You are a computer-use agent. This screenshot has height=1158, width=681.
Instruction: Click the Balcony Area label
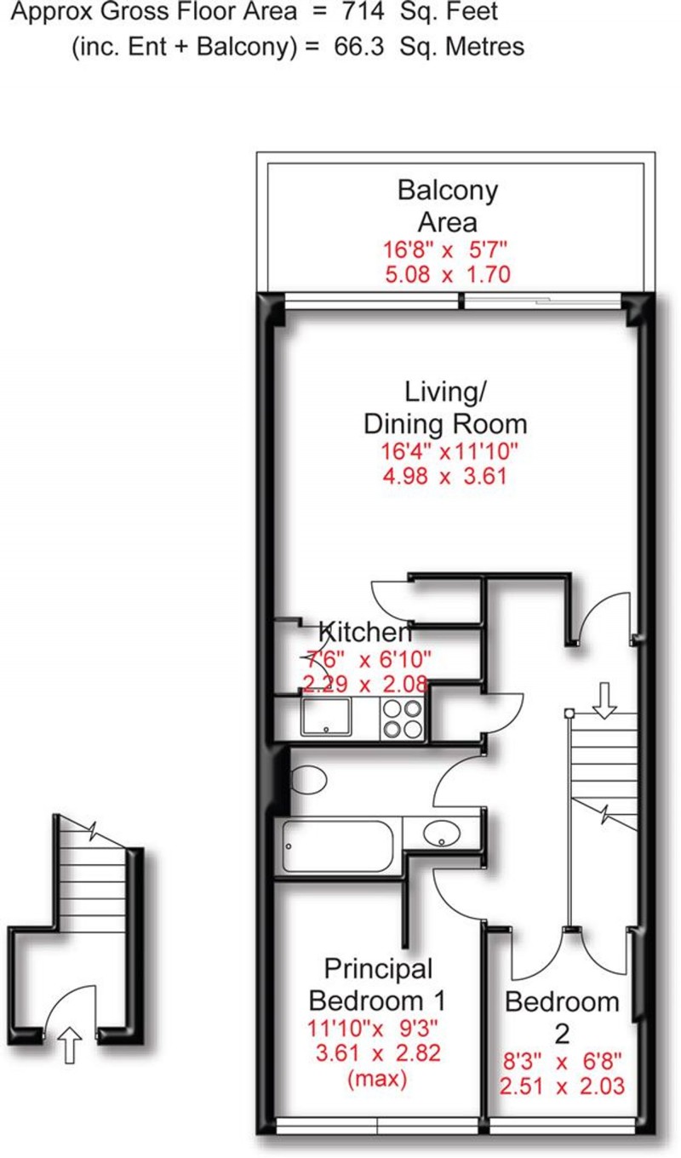click(447, 206)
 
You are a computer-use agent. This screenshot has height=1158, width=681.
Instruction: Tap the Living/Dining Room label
click(445, 409)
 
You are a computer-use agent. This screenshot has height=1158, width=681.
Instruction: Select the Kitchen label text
click(364, 633)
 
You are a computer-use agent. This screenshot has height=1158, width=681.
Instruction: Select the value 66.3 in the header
click(364, 47)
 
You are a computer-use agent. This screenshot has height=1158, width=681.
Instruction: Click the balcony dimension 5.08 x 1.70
click(447, 274)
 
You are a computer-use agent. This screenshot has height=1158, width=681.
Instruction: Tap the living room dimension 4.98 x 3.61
click(445, 475)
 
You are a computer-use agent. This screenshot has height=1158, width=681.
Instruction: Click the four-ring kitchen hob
click(402, 717)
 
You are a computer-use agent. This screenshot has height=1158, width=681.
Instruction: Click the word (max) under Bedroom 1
click(376, 1080)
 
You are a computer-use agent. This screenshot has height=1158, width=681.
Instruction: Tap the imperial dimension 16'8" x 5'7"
click(446, 251)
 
